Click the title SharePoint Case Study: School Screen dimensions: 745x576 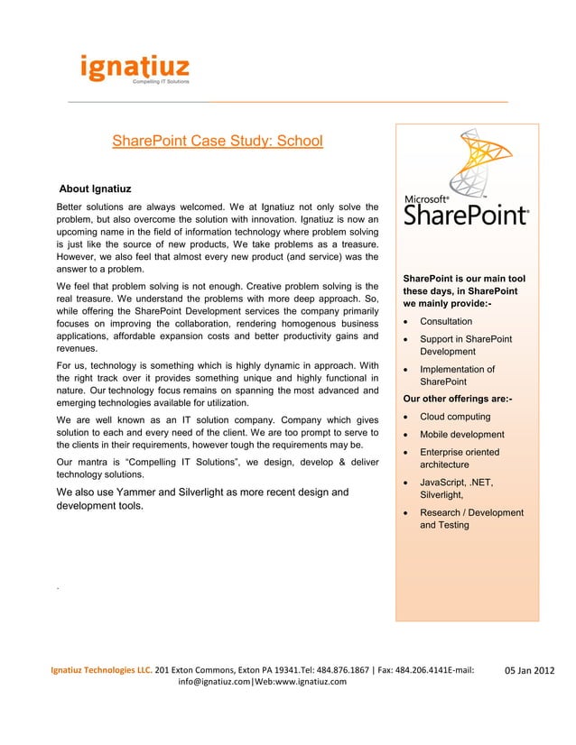217,142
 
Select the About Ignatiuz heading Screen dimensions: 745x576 96,189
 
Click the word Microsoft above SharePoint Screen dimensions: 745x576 426,198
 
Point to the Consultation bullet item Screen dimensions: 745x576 445,321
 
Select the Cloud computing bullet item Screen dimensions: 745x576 455,417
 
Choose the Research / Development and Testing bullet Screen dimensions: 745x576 470,519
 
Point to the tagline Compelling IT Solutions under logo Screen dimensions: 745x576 161,81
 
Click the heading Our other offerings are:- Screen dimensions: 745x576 459,398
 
